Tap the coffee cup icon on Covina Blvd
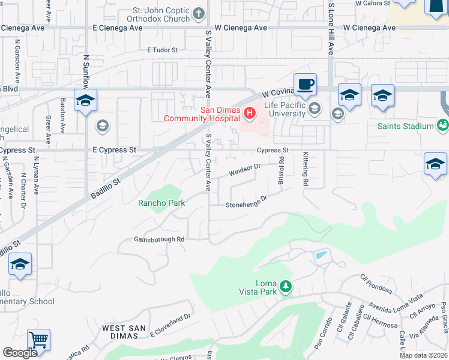(305, 85)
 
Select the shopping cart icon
(38, 340)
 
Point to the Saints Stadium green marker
(443, 125)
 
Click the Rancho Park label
(161, 203)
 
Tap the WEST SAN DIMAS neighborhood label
(122, 332)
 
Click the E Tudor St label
(163, 50)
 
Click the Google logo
(20, 352)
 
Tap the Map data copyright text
(423, 355)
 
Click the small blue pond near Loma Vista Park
(321, 255)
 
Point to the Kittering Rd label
(306, 169)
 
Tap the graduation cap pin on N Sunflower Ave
(85, 101)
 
